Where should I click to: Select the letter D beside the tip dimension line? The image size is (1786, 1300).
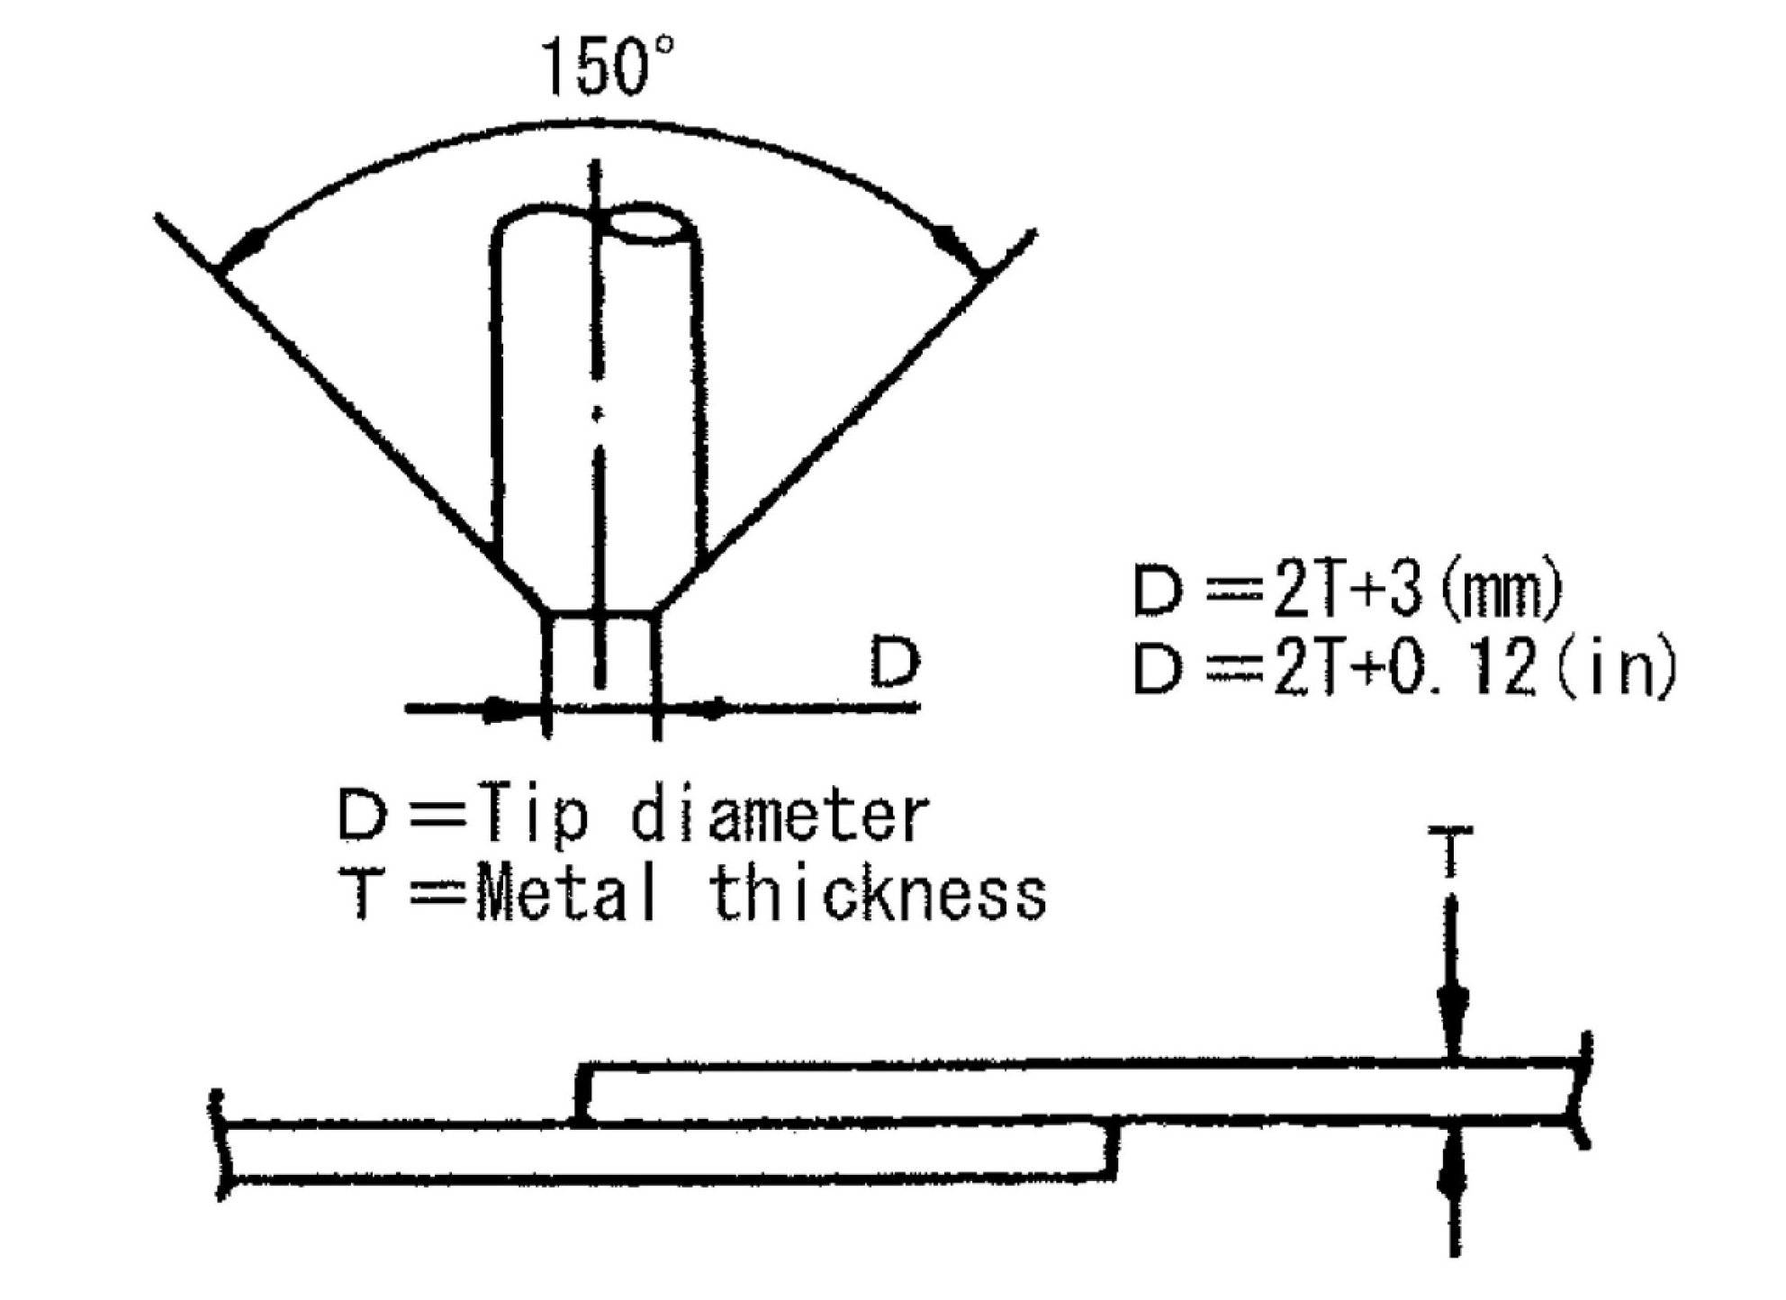[895, 663]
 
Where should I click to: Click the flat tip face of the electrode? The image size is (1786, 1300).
[600, 615]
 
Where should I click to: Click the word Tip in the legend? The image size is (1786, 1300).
[534, 817]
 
